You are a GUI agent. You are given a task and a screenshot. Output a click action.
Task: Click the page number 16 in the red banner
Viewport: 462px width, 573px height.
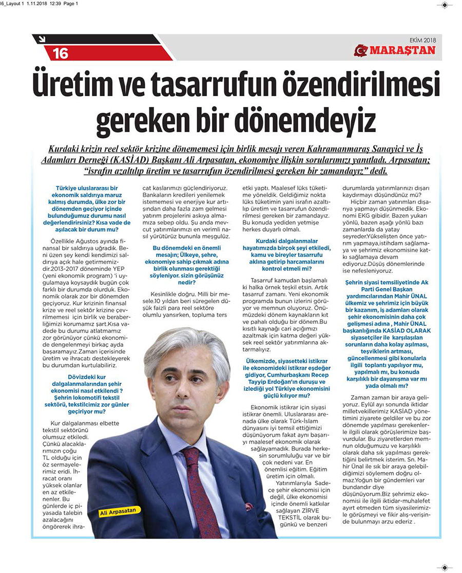pos(60,52)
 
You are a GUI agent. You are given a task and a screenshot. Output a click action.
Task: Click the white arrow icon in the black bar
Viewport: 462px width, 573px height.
pos(42,39)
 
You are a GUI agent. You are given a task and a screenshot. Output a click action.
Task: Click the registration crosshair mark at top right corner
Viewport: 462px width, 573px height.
pos(445,5)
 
